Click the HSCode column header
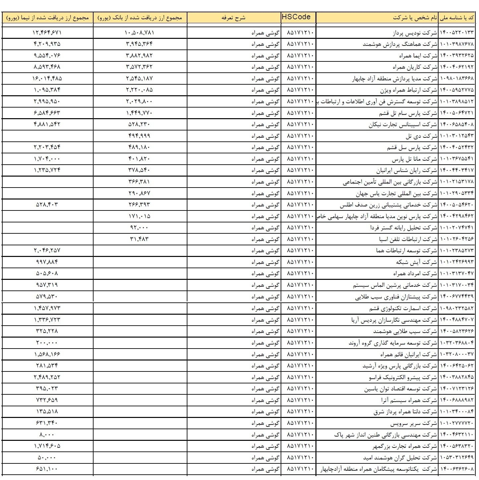click(x=296, y=17)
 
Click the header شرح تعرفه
click(x=234, y=18)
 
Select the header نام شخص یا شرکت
click(x=415, y=18)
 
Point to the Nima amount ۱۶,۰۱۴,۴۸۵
click(x=47, y=78)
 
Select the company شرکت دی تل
click(x=421, y=136)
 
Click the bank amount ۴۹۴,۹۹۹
click(x=139, y=135)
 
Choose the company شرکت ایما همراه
click(x=418, y=55)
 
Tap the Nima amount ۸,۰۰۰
click(x=47, y=434)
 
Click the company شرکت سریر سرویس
click(x=414, y=424)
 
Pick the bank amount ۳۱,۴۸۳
click(x=139, y=239)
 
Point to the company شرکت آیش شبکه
click(x=417, y=262)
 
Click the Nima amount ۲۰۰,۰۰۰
click(x=47, y=342)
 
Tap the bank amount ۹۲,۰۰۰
click(x=139, y=227)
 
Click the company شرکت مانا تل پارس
click(x=414, y=159)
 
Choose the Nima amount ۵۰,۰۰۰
click(x=47, y=457)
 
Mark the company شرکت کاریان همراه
click(x=415, y=67)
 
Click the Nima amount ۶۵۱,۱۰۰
click(x=47, y=469)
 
